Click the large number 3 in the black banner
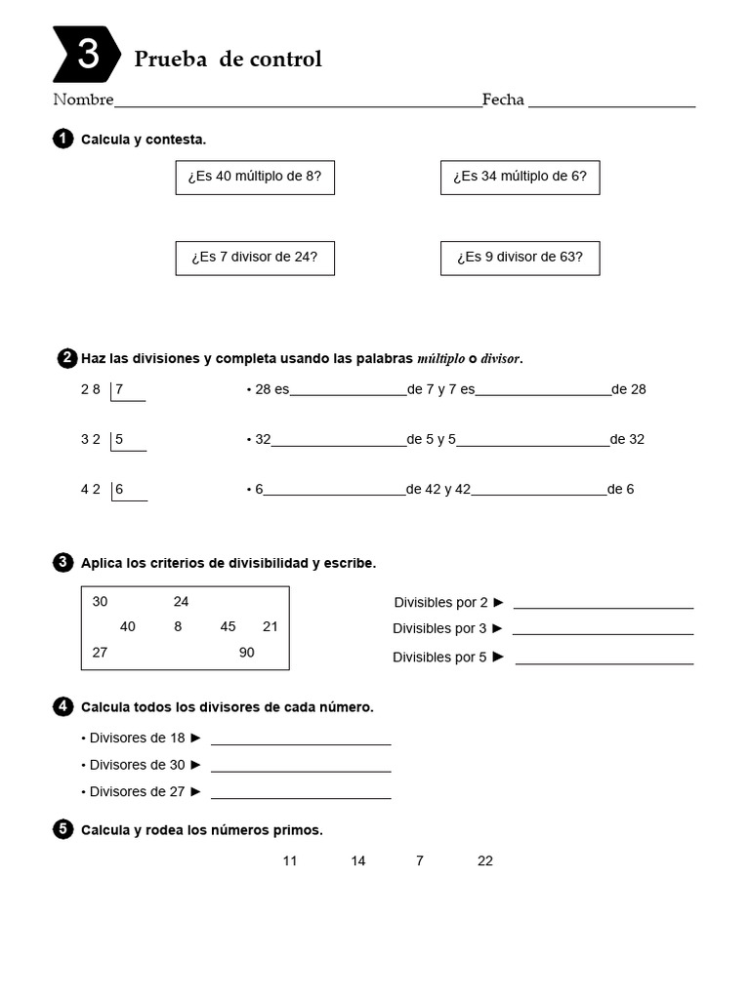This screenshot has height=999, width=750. click(x=88, y=55)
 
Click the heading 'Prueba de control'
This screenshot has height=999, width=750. click(x=228, y=59)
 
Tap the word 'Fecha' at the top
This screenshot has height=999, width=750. click(x=503, y=100)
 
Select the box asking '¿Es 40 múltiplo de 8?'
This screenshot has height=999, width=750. click(x=255, y=178)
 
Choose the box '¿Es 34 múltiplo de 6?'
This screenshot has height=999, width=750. click(x=520, y=178)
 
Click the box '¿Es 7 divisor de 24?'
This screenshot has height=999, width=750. click(x=255, y=258)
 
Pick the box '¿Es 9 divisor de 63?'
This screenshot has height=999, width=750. click(x=520, y=258)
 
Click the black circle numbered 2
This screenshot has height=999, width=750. click(x=67, y=358)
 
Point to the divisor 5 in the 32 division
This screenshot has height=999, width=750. click(x=119, y=439)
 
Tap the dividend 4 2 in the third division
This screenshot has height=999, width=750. click(x=91, y=489)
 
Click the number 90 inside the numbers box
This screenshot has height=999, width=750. click(x=246, y=653)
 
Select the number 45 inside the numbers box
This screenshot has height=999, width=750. click(x=228, y=626)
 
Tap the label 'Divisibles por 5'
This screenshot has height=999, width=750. click(x=439, y=657)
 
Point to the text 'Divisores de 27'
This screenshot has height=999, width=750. click(x=137, y=791)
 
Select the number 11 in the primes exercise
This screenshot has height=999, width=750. click(x=290, y=860)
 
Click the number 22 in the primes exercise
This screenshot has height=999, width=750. click(x=485, y=860)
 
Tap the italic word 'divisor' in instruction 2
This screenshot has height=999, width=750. click(x=500, y=359)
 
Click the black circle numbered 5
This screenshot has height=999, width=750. click(x=62, y=830)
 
